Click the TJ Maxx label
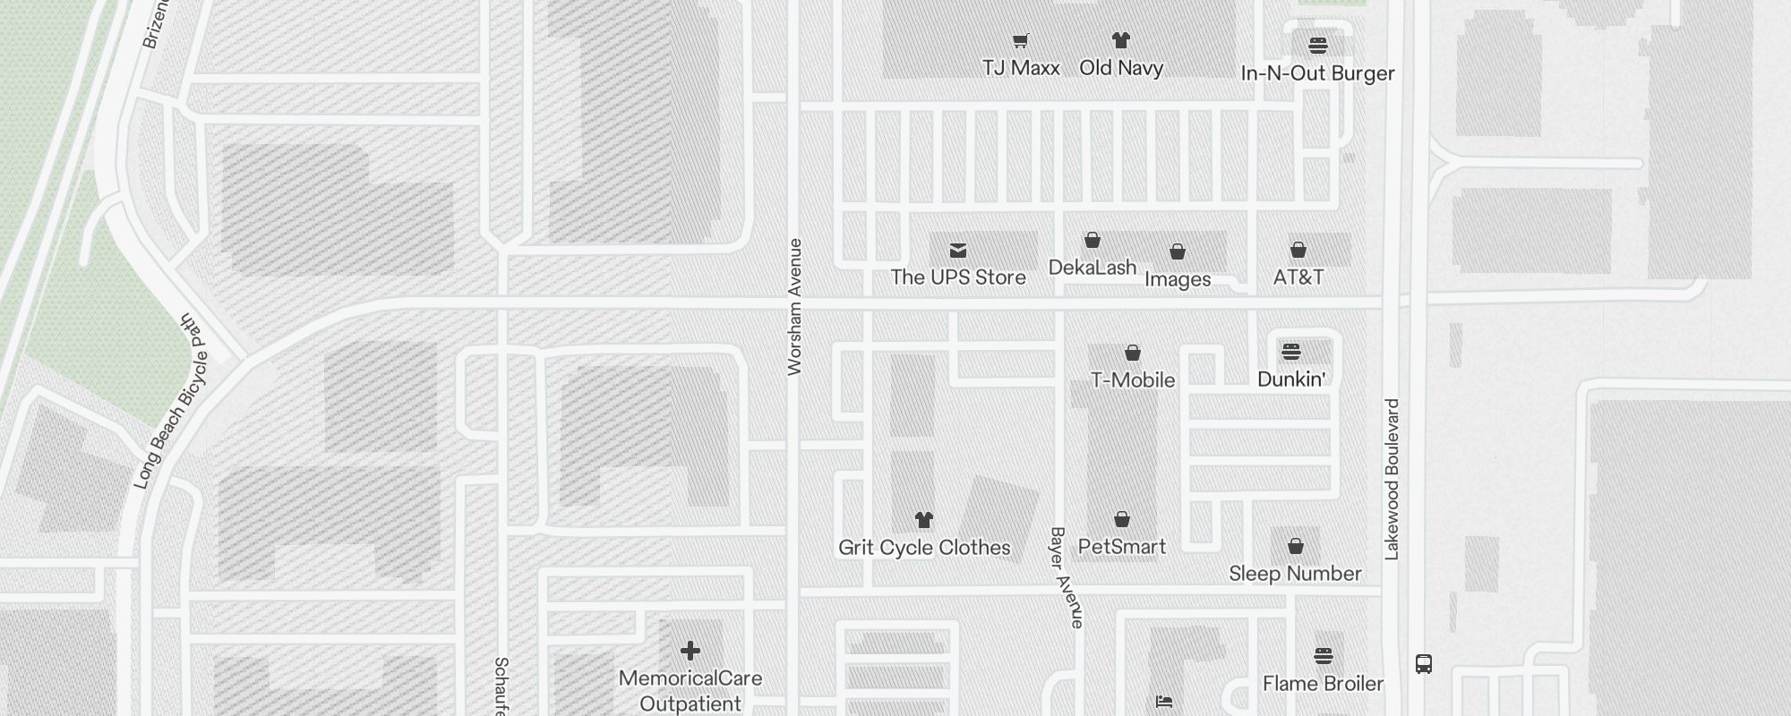(1021, 68)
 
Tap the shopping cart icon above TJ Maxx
(1021, 40)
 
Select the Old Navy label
(1121, 68)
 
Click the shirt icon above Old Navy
(1121, 40)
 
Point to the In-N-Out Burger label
(1317, 73)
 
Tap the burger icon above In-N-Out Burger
(1317, 46)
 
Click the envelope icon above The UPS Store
(958, 250)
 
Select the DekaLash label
(1093, 268)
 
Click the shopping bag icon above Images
(1178, 252)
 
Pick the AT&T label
(1298, 277)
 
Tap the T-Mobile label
(1133, 380)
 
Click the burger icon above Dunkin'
(1290, 351)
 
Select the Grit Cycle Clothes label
(924, 548)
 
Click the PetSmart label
(1122, 547)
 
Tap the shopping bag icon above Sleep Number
(1295, 546)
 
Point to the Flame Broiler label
(1323, 684)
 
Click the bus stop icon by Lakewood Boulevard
(1424, 664)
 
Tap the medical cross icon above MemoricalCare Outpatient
(690, 651)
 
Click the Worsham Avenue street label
(794, 307)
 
